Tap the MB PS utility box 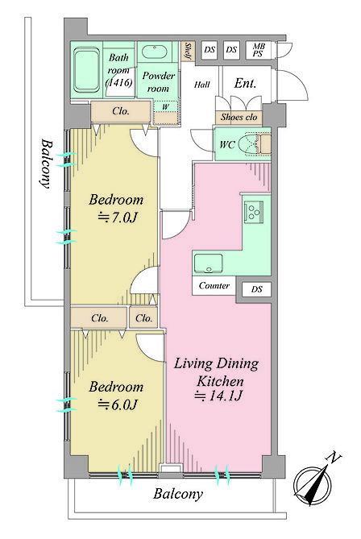click(258, 50)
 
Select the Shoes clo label click(239, 117)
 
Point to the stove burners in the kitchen click(254, 212)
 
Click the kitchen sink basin click(209, 263)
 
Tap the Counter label click(214, 286)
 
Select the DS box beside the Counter click(256, 289)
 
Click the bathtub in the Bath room click(86, 71)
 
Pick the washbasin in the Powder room click(155, 52)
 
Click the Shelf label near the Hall click(188, 51)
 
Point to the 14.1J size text click(218, 396)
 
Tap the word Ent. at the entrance click(245, 83)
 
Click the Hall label click(201, 85)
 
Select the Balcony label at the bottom click(178, 494)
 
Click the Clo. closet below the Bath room click(121, 111)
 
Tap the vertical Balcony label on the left click(45, 164)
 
